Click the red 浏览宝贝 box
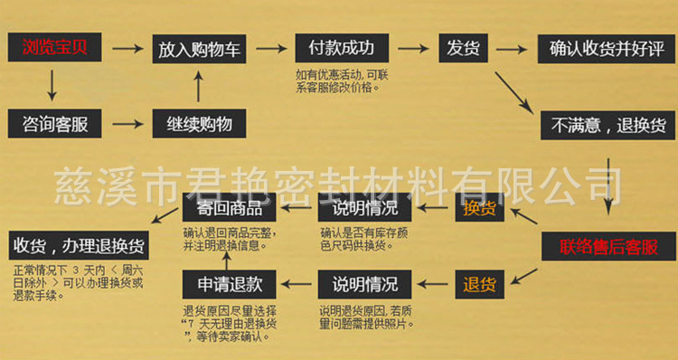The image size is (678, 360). (x=52, y=48)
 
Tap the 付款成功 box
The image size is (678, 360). (x=341, y=48)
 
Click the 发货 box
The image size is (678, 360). (x=463, y=48)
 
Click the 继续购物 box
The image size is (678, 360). (x=199, y=123)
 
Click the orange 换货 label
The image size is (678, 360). (x=480, y=209)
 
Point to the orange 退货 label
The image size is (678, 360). (x=480, y=284)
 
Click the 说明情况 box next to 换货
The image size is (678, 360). (x=364, y=209)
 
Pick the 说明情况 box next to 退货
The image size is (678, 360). (x=364, y=284)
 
